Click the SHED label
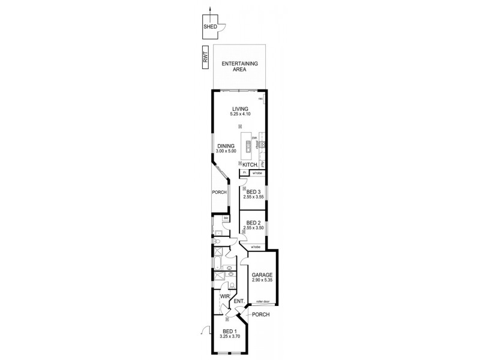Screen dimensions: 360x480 tap(209, 27)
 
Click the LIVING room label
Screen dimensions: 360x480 tap(239, 109)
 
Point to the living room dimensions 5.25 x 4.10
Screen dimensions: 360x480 tap(239, 114)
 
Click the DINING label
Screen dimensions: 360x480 tap(226, 145)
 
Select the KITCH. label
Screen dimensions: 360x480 tap(250, 164)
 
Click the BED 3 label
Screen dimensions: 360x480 tap(253, 191)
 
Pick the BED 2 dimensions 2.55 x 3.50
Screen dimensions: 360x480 tap(253, 228)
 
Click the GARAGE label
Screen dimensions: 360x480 tap(262, 275)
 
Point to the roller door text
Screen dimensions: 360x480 tap(262, 302)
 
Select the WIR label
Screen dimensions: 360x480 tap(224, 296)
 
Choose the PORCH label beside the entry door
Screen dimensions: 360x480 tap(260, 314)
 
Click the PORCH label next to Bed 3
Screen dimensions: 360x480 tap(219, 192)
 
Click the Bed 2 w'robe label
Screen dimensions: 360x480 tap(256, 247)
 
